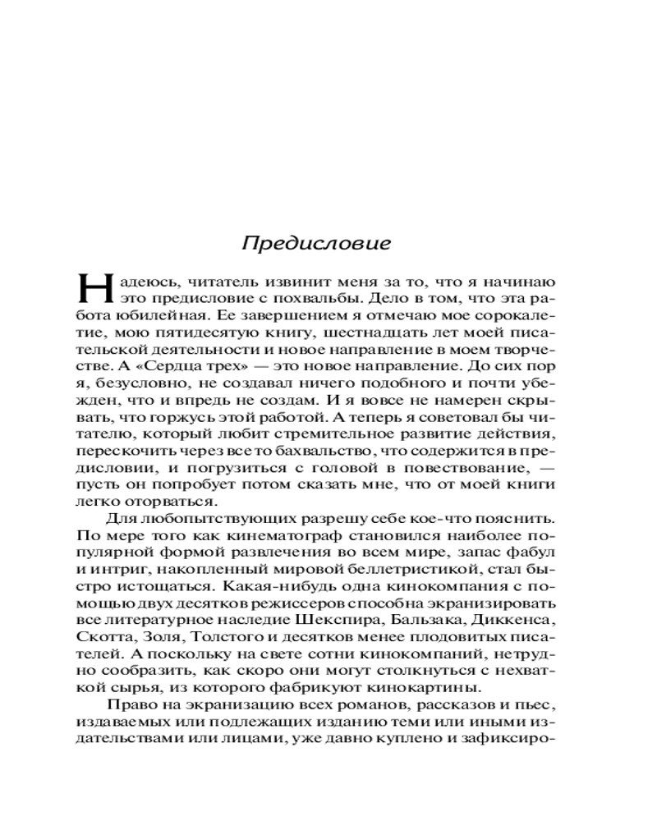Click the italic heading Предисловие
(316, 244)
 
